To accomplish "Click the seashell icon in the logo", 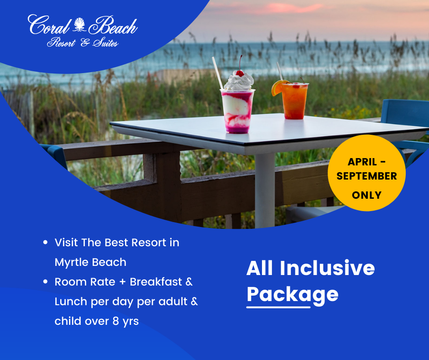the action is coord(79,25).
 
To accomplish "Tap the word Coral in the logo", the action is coord(49,25).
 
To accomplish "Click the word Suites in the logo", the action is coord(105,43).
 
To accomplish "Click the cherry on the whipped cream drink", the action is coord(240,73).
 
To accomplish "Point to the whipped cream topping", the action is coord(239,82).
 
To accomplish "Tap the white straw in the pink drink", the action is coord(218,73).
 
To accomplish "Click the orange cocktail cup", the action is coord(294,101).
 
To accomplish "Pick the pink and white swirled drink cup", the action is coord(237,111).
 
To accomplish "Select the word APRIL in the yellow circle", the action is coord(362,162).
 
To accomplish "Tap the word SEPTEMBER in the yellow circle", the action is coord(366,176).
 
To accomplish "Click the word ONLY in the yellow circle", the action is coord(366,195).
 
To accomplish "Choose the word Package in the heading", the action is coord(293,295).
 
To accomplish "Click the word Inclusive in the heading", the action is coord(327,268).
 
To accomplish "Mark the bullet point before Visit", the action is coord(46,242).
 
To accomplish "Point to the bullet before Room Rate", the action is coord(46,281).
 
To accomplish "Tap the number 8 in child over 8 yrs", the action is coord(116,321).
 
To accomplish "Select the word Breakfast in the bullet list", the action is coord(156,281).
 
